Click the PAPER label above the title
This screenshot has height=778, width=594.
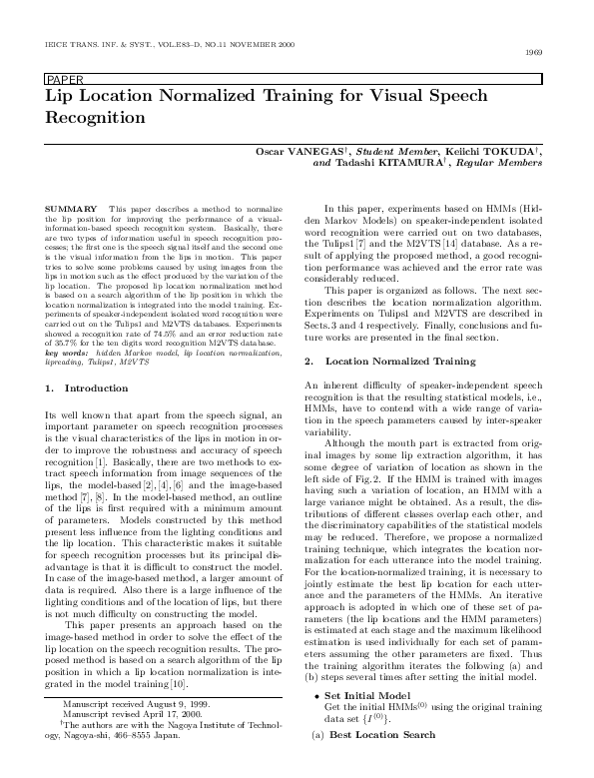point(63,78)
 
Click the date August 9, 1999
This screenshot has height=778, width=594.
point(165,732)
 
